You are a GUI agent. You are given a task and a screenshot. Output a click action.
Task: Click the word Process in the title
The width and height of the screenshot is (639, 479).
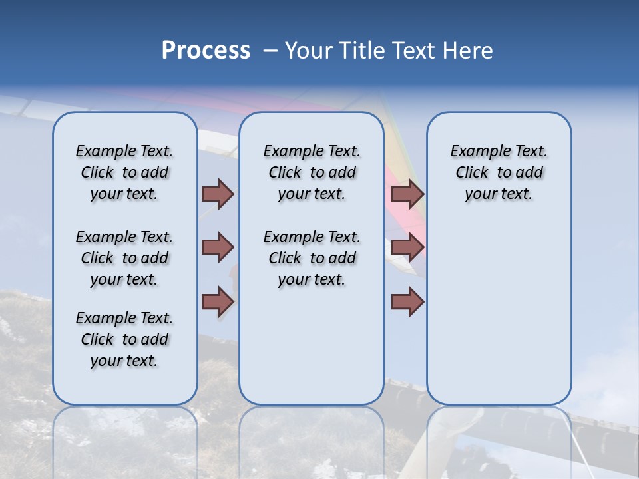[206, 51]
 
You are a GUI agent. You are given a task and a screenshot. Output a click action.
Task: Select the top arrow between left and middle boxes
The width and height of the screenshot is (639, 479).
[218, 194]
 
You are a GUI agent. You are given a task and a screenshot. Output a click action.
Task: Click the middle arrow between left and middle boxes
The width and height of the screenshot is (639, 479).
[218, 247]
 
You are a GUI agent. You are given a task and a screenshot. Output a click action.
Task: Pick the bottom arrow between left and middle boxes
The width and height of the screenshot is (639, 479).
[218, 301]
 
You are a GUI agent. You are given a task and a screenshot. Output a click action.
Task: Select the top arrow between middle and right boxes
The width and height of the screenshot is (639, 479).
[407, 194]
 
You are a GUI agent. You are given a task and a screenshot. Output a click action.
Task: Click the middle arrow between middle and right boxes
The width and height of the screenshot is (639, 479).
[407, 247]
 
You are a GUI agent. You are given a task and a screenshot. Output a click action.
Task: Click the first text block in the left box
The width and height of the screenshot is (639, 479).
[124, 172]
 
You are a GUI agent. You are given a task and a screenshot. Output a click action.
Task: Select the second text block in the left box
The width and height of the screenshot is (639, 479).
[124, 258]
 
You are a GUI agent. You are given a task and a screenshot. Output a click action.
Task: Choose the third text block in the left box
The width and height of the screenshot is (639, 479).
[124, 339]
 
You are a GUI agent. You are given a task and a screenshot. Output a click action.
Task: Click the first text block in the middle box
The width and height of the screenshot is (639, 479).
[312, 172]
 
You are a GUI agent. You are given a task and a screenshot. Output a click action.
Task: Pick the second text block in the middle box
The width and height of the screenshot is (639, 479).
[312, 258]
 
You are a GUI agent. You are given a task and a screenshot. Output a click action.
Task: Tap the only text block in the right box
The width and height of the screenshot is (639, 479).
[499, 172]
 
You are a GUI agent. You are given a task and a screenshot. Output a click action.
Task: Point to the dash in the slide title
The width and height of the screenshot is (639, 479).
[270, 51]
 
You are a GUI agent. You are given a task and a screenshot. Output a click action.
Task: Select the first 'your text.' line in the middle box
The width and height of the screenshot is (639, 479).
[312, 194]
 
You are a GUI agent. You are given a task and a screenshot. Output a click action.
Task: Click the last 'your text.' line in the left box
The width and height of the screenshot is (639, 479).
[124, 361]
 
